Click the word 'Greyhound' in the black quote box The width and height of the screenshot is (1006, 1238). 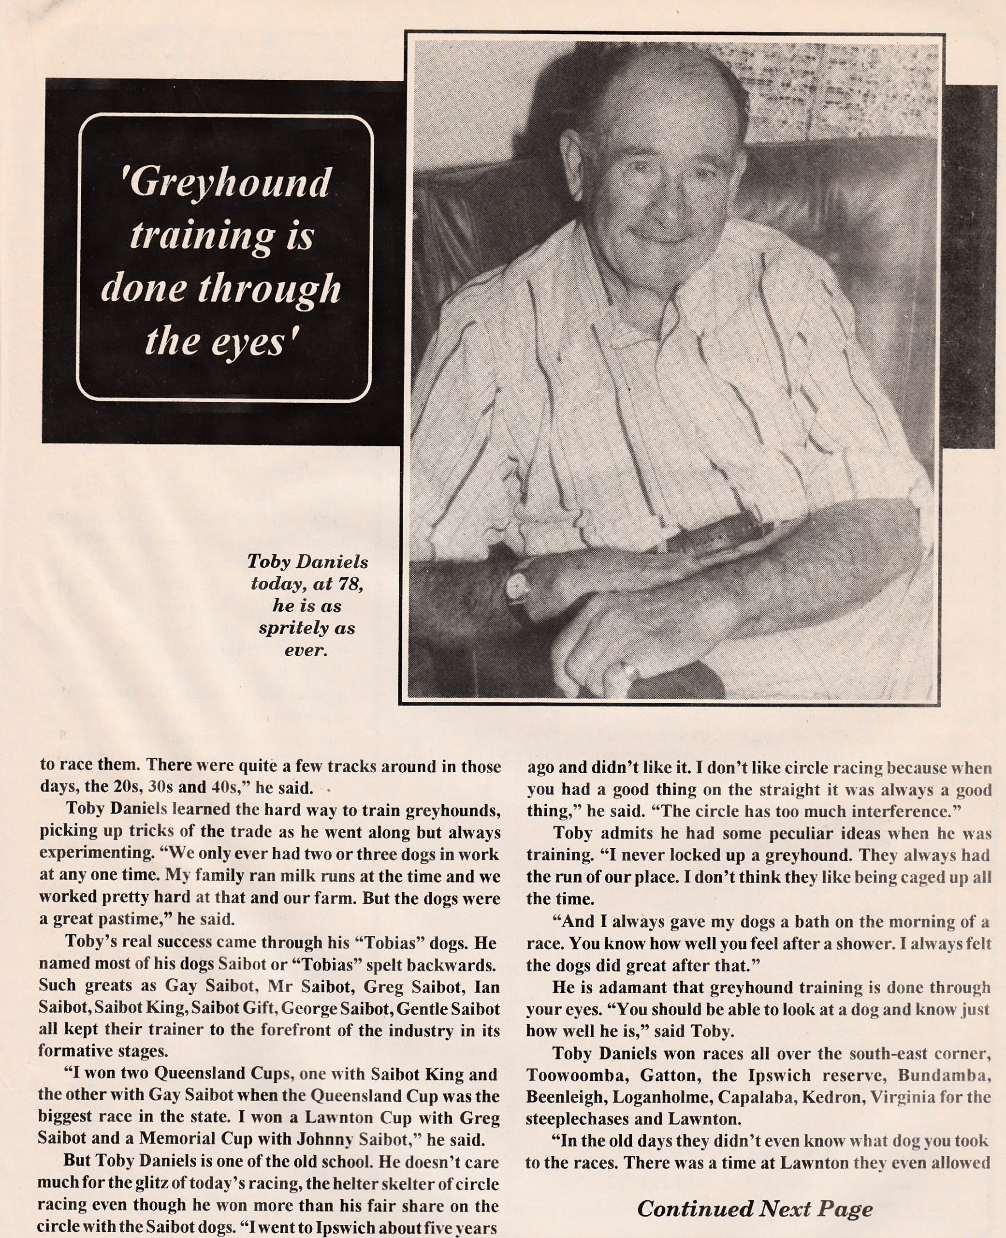point(230,184)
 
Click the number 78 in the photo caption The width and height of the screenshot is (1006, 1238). point(350,584)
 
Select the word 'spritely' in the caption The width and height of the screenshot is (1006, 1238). point(288,628)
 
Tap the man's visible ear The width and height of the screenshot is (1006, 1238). point(570,165)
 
